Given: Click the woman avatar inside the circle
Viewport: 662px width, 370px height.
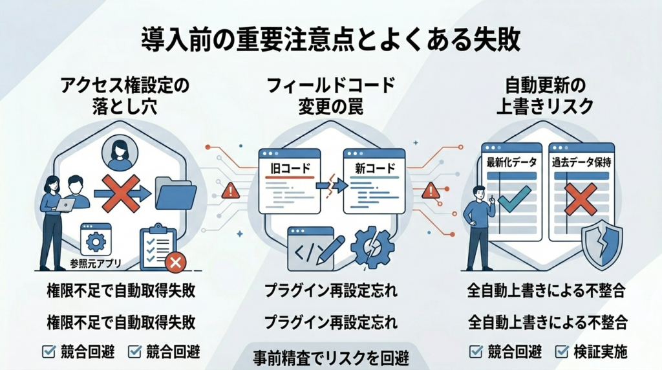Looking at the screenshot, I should point(120,153).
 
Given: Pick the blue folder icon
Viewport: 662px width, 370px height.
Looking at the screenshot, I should point(176,192).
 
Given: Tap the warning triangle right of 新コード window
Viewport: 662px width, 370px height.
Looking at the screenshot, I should point(431,190).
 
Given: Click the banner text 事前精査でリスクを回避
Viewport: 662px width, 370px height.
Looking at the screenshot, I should point(330,358).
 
